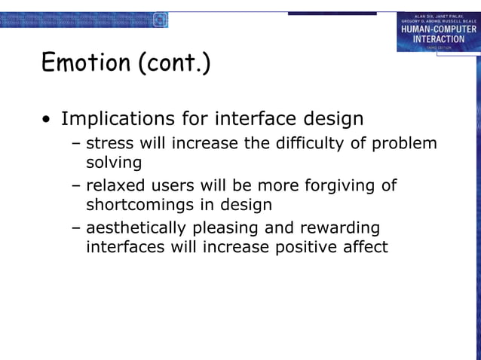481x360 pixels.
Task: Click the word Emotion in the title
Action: click(85, 63)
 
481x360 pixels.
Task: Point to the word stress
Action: click(111, 144)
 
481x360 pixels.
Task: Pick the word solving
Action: click(113, 162)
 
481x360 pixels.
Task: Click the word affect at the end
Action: click(363, 246)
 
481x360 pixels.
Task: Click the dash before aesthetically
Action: click(76, 228)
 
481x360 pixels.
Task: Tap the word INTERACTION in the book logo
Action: click(438, 38)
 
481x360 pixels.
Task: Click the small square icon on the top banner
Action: click(160, 20)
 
